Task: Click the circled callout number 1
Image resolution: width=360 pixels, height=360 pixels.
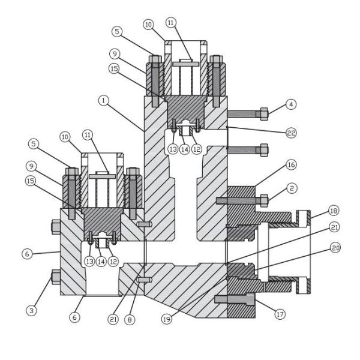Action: [x=104, y=101]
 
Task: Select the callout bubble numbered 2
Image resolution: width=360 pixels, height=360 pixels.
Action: [x=291, y=188]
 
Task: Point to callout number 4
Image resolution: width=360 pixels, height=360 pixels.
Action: [x=291, y=104]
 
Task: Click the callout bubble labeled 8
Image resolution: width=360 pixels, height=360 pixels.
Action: [x=130, y=320]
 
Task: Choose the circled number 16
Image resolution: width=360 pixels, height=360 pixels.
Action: [x=291, y=164]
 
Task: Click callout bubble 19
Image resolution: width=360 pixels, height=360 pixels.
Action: [x=167, y=320]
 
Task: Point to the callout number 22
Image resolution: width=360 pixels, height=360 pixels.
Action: [x=292, y=133]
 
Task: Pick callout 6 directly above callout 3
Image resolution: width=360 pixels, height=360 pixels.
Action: [x=26, y=254]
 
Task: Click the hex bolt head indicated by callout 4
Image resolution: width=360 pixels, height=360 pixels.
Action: [x=263, y=113]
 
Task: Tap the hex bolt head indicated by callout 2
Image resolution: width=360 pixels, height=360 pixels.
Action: [x=263, y=200]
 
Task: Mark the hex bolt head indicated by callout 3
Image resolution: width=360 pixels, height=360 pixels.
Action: [x=56, y=276]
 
